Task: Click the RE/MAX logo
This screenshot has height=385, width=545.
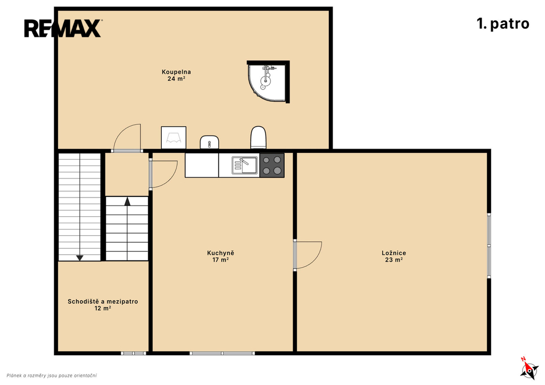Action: point(63,28)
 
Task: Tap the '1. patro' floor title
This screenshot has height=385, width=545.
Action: point(503,23)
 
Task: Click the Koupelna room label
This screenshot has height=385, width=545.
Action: point(176,75)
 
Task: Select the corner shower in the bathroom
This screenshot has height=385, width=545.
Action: point(268,81)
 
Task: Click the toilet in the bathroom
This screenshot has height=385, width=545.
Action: point(258,138)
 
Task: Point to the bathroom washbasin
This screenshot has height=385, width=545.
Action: point(209,142)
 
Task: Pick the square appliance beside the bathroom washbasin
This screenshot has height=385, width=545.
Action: point(174,138)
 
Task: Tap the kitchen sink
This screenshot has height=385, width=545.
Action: point(245,165)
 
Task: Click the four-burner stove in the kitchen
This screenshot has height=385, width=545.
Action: point(272,165)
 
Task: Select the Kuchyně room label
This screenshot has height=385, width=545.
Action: point(221,256)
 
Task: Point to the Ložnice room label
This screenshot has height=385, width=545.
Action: point(394,256)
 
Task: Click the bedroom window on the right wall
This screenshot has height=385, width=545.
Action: point(489,245)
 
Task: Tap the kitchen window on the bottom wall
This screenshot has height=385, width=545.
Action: point(222,354)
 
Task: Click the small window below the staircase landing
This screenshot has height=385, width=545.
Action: point(134,354)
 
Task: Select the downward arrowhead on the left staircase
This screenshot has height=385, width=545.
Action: point(80,258)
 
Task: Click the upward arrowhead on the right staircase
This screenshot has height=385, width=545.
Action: point(127,201)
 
